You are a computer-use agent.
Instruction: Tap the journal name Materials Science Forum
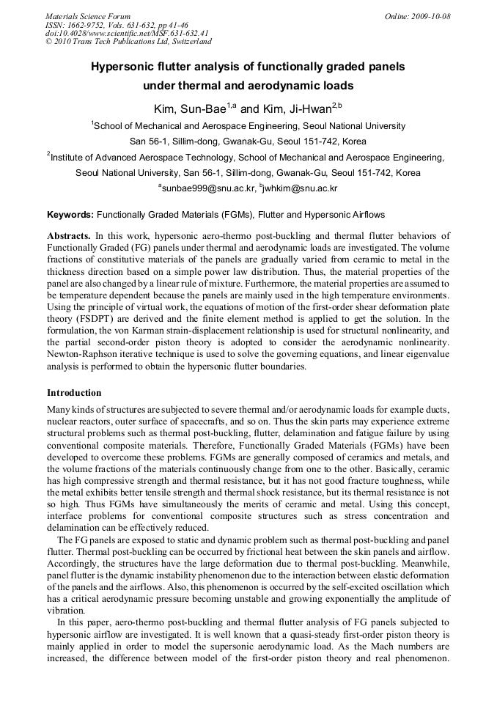pyautogui.click(x=88, y=15)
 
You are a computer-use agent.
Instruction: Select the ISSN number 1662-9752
pyautogui.click(x=91, y=24)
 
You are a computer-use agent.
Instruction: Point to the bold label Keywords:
pyautogui.click(x=70, y=215)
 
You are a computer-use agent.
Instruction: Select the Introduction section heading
pyautogui.click(x=74, y=393)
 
